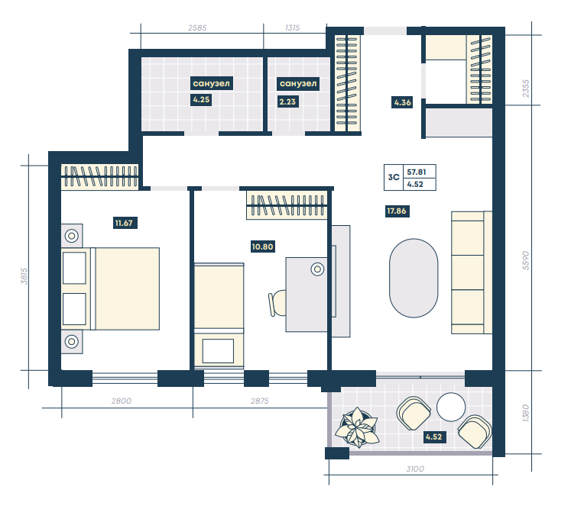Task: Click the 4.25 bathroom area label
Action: pyautogui.click(x=201, y=100)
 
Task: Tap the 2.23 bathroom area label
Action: pyautogui.click(x=287, y=101)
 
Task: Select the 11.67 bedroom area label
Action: pyautogui.click(x=124, y=223)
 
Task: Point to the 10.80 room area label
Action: pyautogui.click(x=263, y=246)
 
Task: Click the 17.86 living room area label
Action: pyautogui.click(x=397, y=211)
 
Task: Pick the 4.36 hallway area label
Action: pyautogui.click(x=403, y=102)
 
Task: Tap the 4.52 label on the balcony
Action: pyautogui.click(x=434, y=437)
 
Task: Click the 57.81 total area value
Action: pyautogui.click(x=417, y=172)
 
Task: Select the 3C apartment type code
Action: pyautogui.click(x=394, y=177)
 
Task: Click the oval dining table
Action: pyautogui.click(x=414, y=278)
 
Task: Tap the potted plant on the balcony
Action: pyautogui.click(x=357, y=427)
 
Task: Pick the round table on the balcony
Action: pyautogui.click(x=451, y=408)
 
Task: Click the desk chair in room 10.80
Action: pyautogui.click(x=277, y=303)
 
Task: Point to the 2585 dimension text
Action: pyautogui.click(x=197, y=28)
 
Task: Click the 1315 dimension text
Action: pyautogui.click(x=292, y=28)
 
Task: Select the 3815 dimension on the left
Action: pyautogui.click(x=24, y=276)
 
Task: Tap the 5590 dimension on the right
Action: pyautogui.click(x=526, y=260)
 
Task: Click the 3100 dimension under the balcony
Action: pyautogui.click(x=415, y=469)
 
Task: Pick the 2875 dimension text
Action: pyautogui.click(x=260, y=401)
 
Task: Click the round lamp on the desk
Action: pyautogui.click(x=317, y=269)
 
